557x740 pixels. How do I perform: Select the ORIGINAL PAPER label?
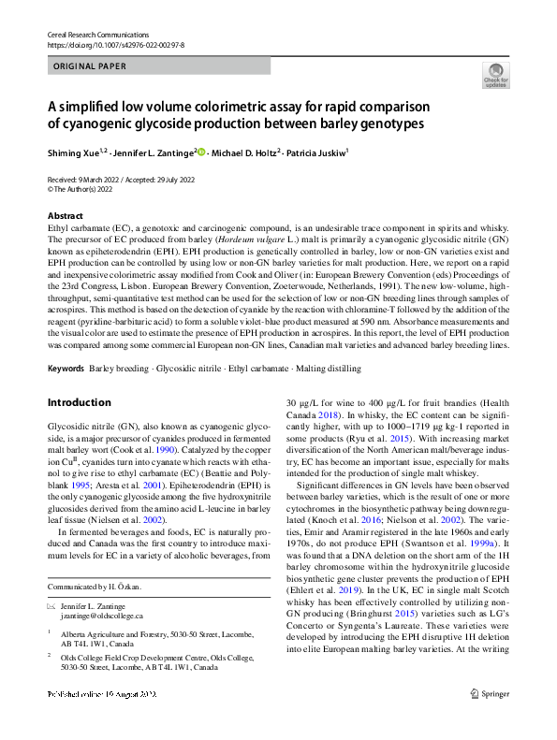pyautogui.click(x=89, y=67)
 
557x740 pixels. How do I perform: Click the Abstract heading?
pyautogui.click(x=65, y=216)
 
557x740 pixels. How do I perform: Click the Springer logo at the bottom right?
pyautogui.click(x=491, y=719)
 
